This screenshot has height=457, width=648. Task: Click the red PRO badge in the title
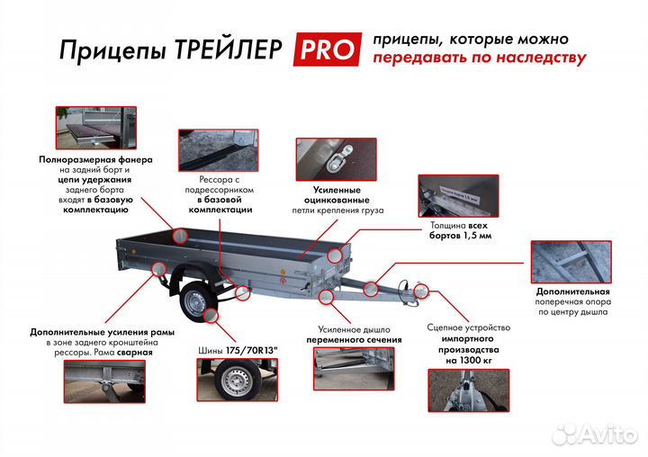[325, 49]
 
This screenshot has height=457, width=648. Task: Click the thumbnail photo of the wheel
[234, 386]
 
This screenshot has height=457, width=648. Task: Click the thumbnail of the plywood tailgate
[94, 127]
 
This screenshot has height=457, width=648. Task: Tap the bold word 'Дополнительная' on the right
[572, 292]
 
